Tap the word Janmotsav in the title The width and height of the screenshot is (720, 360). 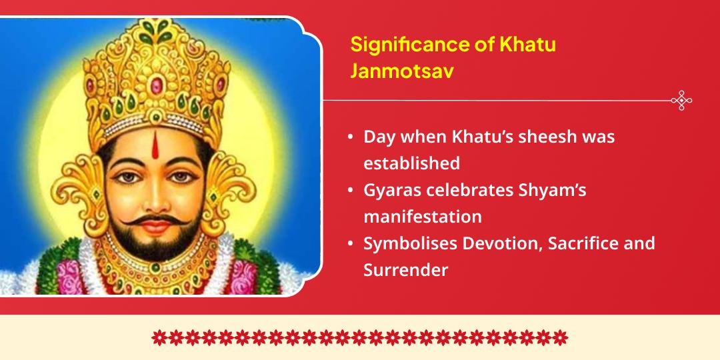402,71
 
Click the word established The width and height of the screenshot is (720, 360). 411,163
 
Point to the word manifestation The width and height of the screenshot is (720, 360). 423,217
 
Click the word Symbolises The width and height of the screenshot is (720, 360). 409,243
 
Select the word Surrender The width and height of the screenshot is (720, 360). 405,270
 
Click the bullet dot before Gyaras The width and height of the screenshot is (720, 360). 351,191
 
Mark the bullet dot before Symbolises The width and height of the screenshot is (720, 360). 351,244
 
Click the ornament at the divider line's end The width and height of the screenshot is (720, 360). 681,101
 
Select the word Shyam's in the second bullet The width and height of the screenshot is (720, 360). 553,190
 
